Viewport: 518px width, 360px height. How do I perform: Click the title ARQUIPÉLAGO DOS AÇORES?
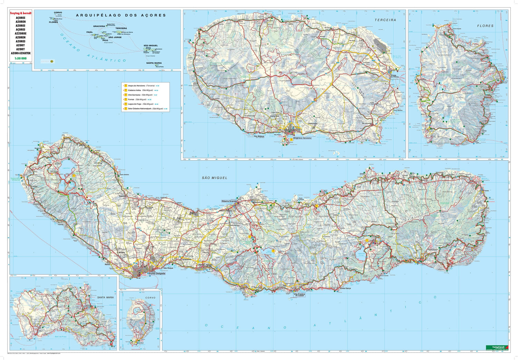pyautogui.click(x=121, y=15)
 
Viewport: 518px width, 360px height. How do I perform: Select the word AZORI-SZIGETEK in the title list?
pyautogui.click(x=20, y=53)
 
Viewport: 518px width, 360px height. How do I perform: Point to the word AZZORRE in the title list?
pyautogui.click(x=20, y=33)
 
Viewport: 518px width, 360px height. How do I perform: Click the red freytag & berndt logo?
pyautogui.click(x=20, y=13)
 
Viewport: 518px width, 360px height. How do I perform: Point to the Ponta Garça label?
pyautogui.click(x=345, y=288)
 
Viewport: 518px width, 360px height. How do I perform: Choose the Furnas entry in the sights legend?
pyautogui.click(x=133, y=99)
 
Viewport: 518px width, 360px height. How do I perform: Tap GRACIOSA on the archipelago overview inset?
pyautogui.click(x=99, y=26)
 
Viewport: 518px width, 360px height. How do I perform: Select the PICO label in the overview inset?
pyautogui.click(x=105, y=40)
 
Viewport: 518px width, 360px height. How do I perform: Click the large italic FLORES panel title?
pyautogui.click(x=485, y=26)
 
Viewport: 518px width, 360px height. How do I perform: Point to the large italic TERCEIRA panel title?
pyautogui.click(x=385, y=20)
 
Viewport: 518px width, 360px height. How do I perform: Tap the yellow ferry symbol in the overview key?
pyautogui.click(x=52, y=61)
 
